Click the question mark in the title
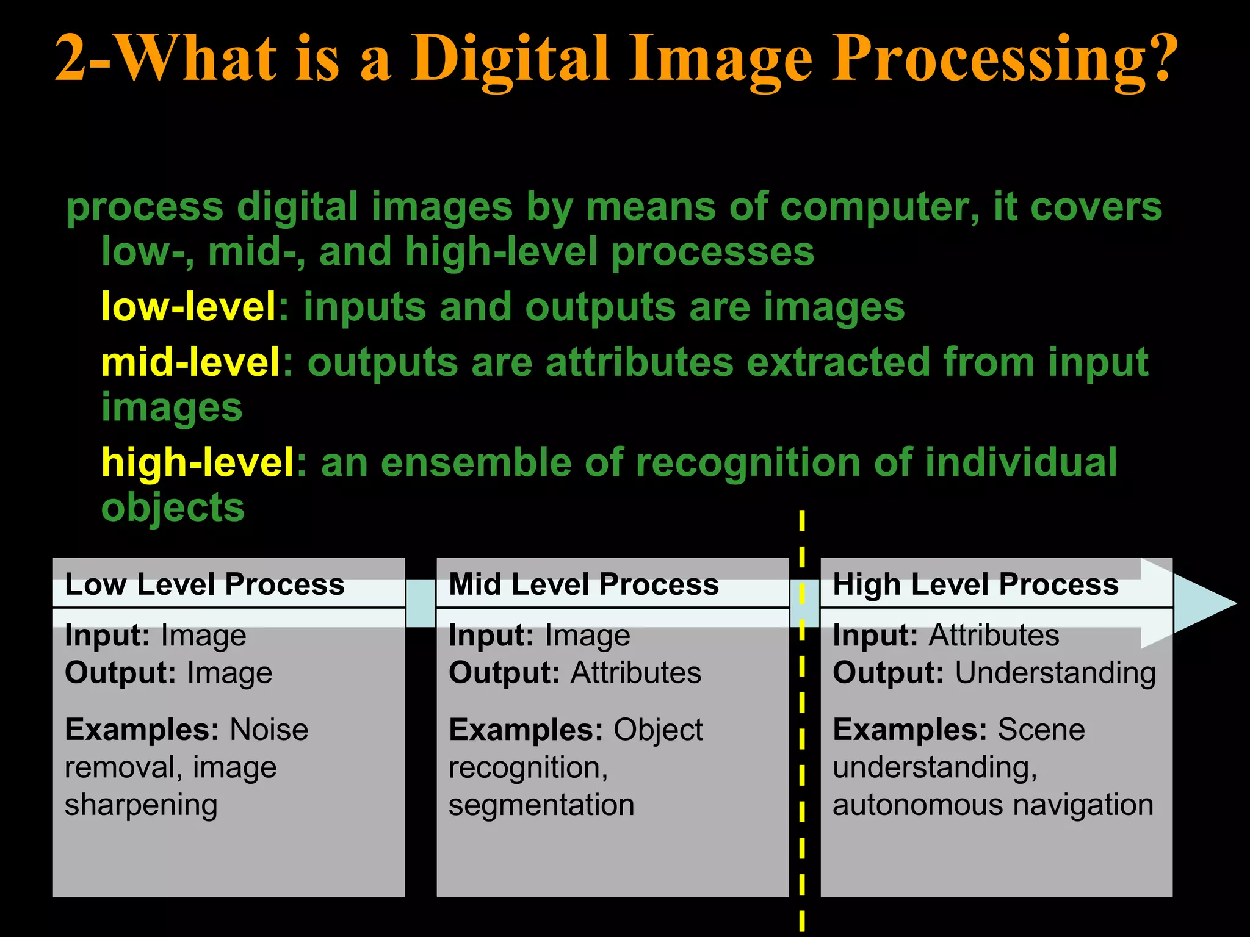[1154, 58]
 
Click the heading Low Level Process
[204, 584]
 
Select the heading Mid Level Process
[583, 584]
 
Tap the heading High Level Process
[975, 584]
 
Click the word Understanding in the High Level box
[1055, 673]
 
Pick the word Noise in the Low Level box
[269, 730]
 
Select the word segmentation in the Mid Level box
[541, 805]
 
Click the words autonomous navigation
[993, 805]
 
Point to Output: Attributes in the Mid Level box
[575, 673]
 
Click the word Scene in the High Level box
[1041, 730]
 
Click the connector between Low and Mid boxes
[421, 604]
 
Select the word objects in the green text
[173, 508]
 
